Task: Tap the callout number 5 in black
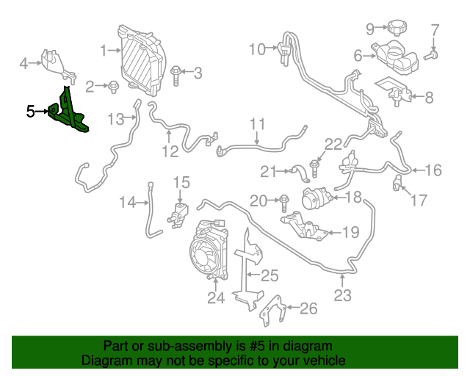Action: point(30,112)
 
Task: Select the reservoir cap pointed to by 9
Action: point(397,28)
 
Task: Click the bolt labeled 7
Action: point(431,56)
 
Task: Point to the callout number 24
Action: point(216,297)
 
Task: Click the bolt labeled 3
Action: point(176,76)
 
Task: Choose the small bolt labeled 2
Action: point(114,87)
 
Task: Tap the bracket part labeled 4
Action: point(59,67)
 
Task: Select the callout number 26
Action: point(308,308)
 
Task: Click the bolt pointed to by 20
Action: point(284,203)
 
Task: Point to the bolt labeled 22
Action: point(314,169)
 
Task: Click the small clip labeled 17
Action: point(397,183)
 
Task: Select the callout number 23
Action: point(343,296)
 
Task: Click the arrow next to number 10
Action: point(271,48)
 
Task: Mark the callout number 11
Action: point(258,124)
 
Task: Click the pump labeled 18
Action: point(317,198)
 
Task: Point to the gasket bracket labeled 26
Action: point(273,311)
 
